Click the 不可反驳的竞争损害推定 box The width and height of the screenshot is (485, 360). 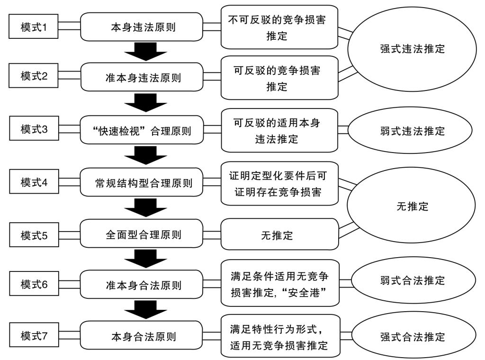[x=279, y=27]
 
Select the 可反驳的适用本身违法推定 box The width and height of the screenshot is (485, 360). [x=279, y=131]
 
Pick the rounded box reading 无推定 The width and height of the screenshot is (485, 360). [x=279, y=234]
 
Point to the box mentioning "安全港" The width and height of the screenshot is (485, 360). [x=279, y=286]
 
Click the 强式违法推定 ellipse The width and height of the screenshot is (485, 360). [x=412, y=49]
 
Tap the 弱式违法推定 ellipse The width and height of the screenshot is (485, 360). [x=412, y=131]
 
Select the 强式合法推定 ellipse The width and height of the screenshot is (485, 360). [x=412, y=337]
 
